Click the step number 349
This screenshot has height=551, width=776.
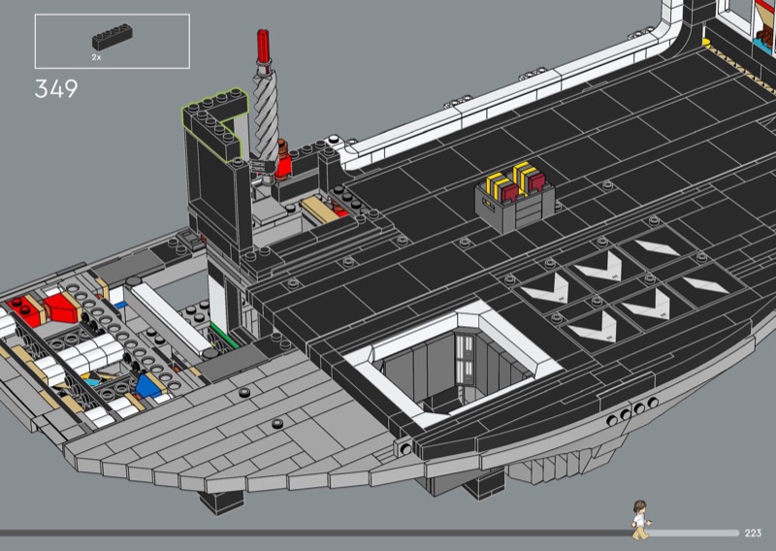pos(56,89)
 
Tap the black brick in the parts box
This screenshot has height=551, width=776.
pos(113,37)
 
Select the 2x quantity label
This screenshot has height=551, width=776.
pos(96,57)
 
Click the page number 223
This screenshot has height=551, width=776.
pos(753,533)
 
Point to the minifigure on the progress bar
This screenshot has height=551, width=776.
pos(640,519)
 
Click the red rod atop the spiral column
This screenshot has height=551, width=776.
pos(263,46)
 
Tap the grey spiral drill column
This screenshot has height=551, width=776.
pos(266,113)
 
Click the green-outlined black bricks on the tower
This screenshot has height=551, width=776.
pos(215,122)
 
